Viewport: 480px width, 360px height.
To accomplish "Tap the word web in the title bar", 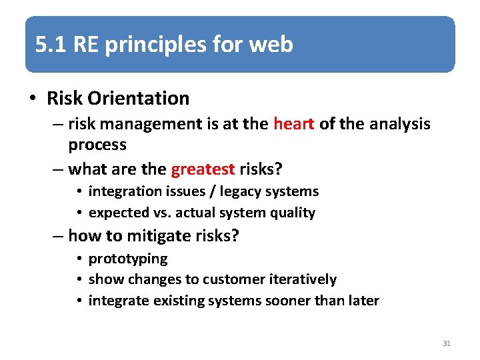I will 271,45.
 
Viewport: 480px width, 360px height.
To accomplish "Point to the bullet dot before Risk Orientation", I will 33,99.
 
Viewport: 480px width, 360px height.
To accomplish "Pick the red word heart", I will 293,124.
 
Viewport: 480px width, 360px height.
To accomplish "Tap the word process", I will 97,145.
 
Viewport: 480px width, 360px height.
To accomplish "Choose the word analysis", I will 400,124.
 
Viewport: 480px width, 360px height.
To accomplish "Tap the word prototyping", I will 128,259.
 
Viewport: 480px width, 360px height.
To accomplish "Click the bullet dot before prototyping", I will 79,259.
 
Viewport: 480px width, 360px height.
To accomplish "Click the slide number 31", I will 447,343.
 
